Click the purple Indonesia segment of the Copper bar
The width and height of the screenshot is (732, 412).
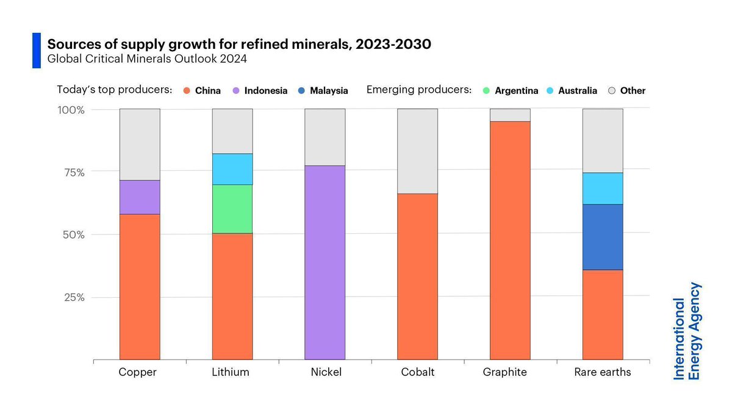coord(140,197)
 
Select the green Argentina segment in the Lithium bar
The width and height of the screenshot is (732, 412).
coord(232,209)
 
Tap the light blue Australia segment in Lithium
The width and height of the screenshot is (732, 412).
coord(232,169)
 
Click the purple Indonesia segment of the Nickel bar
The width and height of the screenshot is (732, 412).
coord(325,262)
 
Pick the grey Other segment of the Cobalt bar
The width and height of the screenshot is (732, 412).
coord(417,151)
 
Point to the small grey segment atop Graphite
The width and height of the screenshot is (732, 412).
coord(510,115)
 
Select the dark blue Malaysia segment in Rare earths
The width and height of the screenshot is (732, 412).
coord(602,237)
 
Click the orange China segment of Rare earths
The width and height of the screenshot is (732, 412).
coord(602,314)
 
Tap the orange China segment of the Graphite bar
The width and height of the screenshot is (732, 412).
coord(510,240)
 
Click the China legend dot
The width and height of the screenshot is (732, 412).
coord(187,91)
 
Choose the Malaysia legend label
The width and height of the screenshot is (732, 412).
coord(328,91)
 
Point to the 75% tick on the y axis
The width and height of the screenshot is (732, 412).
coord(72,172)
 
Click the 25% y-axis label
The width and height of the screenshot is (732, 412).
coord(72,297)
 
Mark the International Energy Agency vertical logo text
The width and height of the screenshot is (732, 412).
coord(687,331)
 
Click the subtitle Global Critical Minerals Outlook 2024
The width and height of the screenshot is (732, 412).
coord(147,59)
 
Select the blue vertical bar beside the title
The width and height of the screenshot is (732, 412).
coord(36,51)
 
